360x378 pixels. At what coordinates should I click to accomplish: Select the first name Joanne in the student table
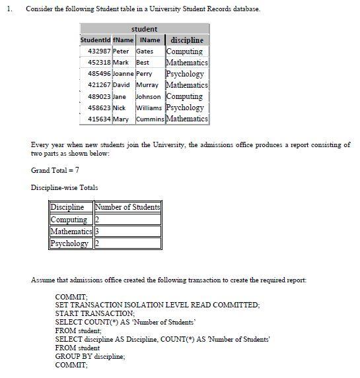point(123,74)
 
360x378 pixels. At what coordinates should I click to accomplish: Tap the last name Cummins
point(150,119)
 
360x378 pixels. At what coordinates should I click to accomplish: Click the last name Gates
point(145,51)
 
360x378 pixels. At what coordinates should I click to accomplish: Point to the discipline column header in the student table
point(186,40)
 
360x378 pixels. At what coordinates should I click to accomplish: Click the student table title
point(144,29)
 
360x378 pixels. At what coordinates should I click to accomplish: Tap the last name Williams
point(150,108)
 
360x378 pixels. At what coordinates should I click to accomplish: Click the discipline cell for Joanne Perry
point(186,74)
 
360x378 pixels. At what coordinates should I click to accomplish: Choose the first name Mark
point(121,63)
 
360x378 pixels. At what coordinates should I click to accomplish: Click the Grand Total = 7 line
point(55,170)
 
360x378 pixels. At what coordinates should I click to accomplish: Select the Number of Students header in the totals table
point(128,207)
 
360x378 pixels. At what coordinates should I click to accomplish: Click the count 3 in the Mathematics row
point(97,232)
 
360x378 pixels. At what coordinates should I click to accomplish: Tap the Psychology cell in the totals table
point(70,243)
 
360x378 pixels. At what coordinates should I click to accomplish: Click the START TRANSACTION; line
point(95,313)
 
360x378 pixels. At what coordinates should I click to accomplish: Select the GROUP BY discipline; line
point(90,356)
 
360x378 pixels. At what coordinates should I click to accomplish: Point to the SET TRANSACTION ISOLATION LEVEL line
point(157,305)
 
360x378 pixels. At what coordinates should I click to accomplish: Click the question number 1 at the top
point(8,9)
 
